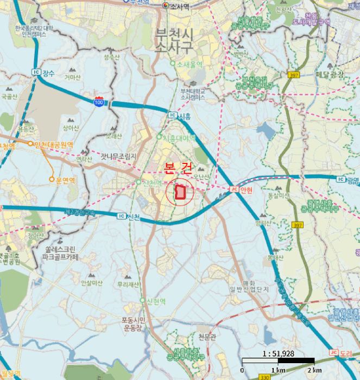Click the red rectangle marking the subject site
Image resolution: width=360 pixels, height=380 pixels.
(180, 193)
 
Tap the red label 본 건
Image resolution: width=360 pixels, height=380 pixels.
(178, 168)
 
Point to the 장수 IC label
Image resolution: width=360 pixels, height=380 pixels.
(45, 72)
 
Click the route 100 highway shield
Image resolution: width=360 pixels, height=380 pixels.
(99, 102)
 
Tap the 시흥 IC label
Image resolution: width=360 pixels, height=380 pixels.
(181, 116)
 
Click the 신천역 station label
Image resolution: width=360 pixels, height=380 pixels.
(150, 182)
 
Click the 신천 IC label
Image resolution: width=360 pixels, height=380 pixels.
(129, 216)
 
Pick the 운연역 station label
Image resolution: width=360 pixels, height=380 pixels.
(64, 180)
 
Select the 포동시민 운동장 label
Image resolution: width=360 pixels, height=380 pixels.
(132, 324)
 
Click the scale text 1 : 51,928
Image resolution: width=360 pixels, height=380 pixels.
(278, 353)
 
